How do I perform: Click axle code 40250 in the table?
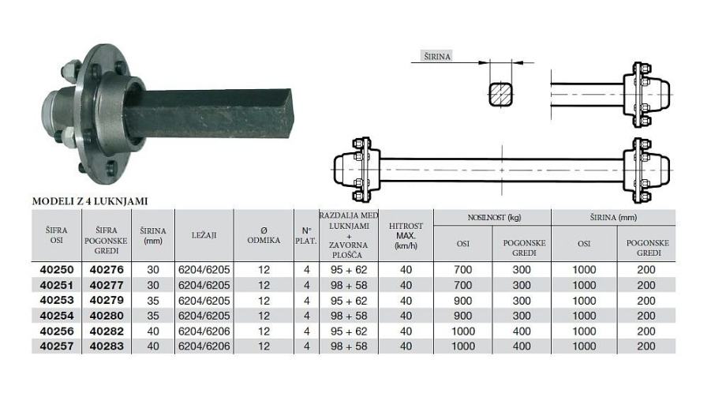pyautogui.click(x=57, y=270)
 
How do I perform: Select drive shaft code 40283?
pyautogui.click(x=107, y=346)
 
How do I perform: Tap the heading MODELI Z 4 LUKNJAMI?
pyautogui.click(x=90, y=201)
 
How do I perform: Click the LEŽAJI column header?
pyautogui.click(x=204, y=235)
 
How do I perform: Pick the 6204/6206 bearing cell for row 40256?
pyautogui.click(x=204, y=331)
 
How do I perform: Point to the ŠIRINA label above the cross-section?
pyautogui.click(x=437, y=57)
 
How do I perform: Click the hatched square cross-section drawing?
pyautogui.click(x=501, y=95)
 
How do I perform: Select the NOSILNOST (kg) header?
pyautogui.click(x=492, y=217)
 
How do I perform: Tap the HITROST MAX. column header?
pyautogui.click(x=406, y=235)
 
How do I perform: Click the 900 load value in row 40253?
pyautogui.click(x=463, y=301)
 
